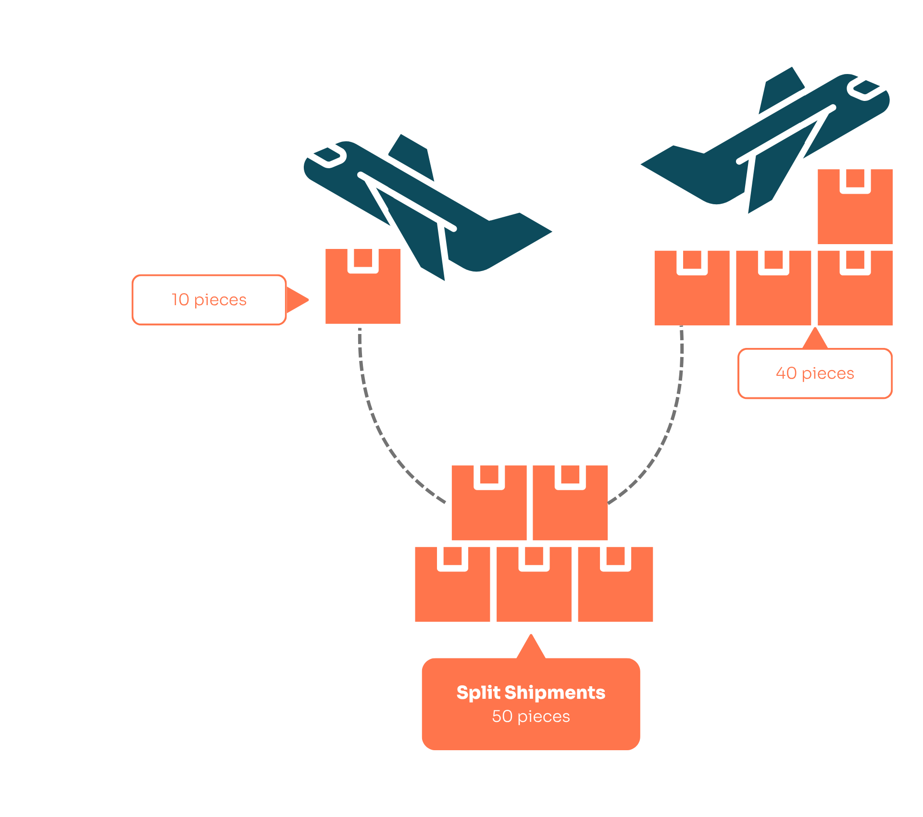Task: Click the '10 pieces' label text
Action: pyautogui.click(x=209, y=300)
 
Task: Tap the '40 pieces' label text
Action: pyautogui.click(x=815, y=373)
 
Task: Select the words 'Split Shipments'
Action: pyautogui.click(x=531, y=693)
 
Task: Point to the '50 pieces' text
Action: pyautogui.click(x=531, y=717)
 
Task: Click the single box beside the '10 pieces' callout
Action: pyautogui.click(x=363, y=293)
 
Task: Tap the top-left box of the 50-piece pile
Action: pyautogui.click(x=489, y=509)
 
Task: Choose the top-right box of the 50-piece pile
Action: pyautogui.click(x=570, y=509)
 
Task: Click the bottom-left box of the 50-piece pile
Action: pyautogui.click(x=452, y=591)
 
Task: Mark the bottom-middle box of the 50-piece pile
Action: pyautogui.click(x=534, y=591)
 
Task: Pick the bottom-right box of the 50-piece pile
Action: pyautogui.click(x=615, y=591)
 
